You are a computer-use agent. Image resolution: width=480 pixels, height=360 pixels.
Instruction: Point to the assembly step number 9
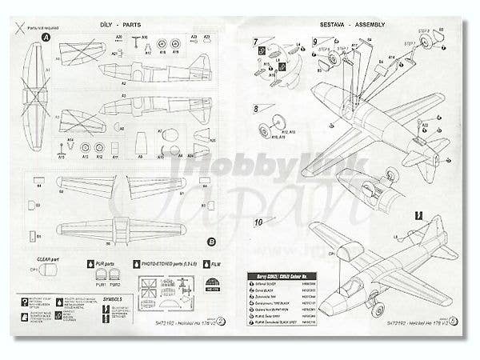point(315,42)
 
